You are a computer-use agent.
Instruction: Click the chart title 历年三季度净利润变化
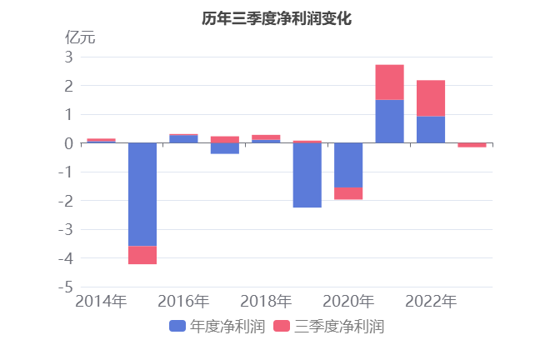[271, 17]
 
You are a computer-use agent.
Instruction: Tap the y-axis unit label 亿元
[80, 37]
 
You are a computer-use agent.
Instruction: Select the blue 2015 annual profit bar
[142, 194]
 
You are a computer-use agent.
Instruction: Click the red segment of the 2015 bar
[142, 255]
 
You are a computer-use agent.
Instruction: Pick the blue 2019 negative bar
[307, 175]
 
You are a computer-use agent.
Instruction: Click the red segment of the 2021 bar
[389, 82]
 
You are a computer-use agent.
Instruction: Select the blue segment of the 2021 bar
[389, 122]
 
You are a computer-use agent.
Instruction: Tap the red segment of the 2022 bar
[430, 97]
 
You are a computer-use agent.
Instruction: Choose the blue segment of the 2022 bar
[430, 130]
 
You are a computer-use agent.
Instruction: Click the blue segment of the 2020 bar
[348, 165]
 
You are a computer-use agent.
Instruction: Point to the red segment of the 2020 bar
[348, 193]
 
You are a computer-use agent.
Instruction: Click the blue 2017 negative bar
[225, 148]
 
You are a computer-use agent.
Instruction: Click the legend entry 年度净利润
[217, 327]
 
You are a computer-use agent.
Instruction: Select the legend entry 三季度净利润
[328, 327]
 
